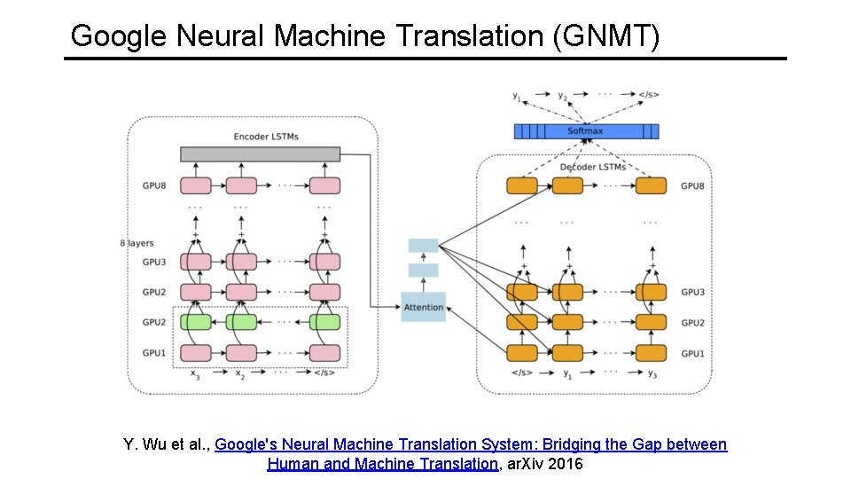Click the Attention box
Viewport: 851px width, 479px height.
[x=423, y=307]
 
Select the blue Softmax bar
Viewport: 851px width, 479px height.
[x=586, y=131]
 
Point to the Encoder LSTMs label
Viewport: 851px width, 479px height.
[x=266, y=137]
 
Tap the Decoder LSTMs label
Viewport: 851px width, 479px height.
[x=592, y=167]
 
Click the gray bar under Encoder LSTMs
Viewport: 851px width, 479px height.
[x=260, y=154]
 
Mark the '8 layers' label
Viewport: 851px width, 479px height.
[x=137, y=243]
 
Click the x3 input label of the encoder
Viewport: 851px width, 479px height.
[x=196, y=374]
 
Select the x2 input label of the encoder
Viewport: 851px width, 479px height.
[x=240, y=374]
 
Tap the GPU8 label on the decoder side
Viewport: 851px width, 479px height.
[x=693, y=186]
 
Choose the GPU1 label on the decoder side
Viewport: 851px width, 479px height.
[x=693, y=354]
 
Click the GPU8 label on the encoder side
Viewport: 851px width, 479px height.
[x=154, y=186]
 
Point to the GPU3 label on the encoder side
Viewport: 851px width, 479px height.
[x=154, y=263]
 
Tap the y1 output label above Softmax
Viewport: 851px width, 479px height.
[x=517, y=94]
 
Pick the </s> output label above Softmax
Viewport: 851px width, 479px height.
[x=649, y=94]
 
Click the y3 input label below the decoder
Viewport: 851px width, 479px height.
[x=652, y=373]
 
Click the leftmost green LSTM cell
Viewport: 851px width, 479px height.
[x=196, y=322]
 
